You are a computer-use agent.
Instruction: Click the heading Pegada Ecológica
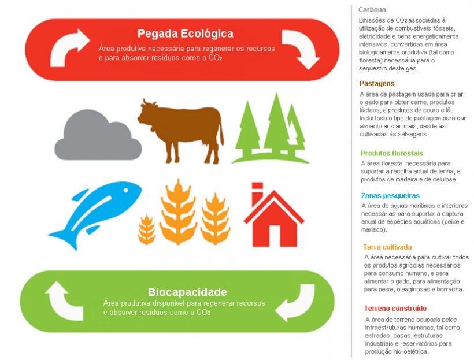[x=186, y=34]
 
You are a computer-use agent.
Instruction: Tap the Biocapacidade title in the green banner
[x=187, y=292]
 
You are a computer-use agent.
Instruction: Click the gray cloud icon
[x=98, y=136]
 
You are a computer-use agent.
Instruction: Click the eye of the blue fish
[x=125, y=190]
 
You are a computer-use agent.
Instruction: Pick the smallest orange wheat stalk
[x=147, y=230]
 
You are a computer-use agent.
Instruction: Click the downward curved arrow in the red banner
[x=301, y=49]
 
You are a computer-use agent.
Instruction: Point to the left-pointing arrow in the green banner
[x=295, y=303]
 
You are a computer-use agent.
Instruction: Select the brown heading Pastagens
[x=377, y=83]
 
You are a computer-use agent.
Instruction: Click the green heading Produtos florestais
[x=392, y=153]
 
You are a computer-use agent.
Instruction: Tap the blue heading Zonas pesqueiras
[x=390, y=195]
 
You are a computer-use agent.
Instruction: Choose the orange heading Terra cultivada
[x=387, y=247]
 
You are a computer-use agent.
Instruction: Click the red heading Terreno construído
[x=395, y=309]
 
